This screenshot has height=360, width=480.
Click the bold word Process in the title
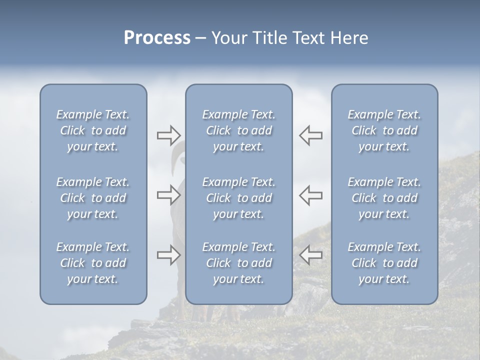157,38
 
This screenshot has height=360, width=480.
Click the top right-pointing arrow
168,135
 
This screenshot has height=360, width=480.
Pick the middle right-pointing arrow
168,195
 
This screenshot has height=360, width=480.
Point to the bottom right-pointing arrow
168,255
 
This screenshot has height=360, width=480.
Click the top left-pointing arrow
311,135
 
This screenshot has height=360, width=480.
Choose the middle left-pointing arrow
311,195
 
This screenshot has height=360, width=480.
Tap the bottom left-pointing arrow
311,255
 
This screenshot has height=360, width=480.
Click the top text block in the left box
93,130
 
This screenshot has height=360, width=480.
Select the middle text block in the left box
93,198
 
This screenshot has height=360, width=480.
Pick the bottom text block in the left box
93,263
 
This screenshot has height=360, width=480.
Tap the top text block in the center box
238,130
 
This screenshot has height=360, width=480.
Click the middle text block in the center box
238,198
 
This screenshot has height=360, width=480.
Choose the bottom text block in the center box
238,263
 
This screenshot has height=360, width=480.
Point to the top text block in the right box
384,130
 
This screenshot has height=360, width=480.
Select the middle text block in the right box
384,198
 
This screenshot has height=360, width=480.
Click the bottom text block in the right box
384,263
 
